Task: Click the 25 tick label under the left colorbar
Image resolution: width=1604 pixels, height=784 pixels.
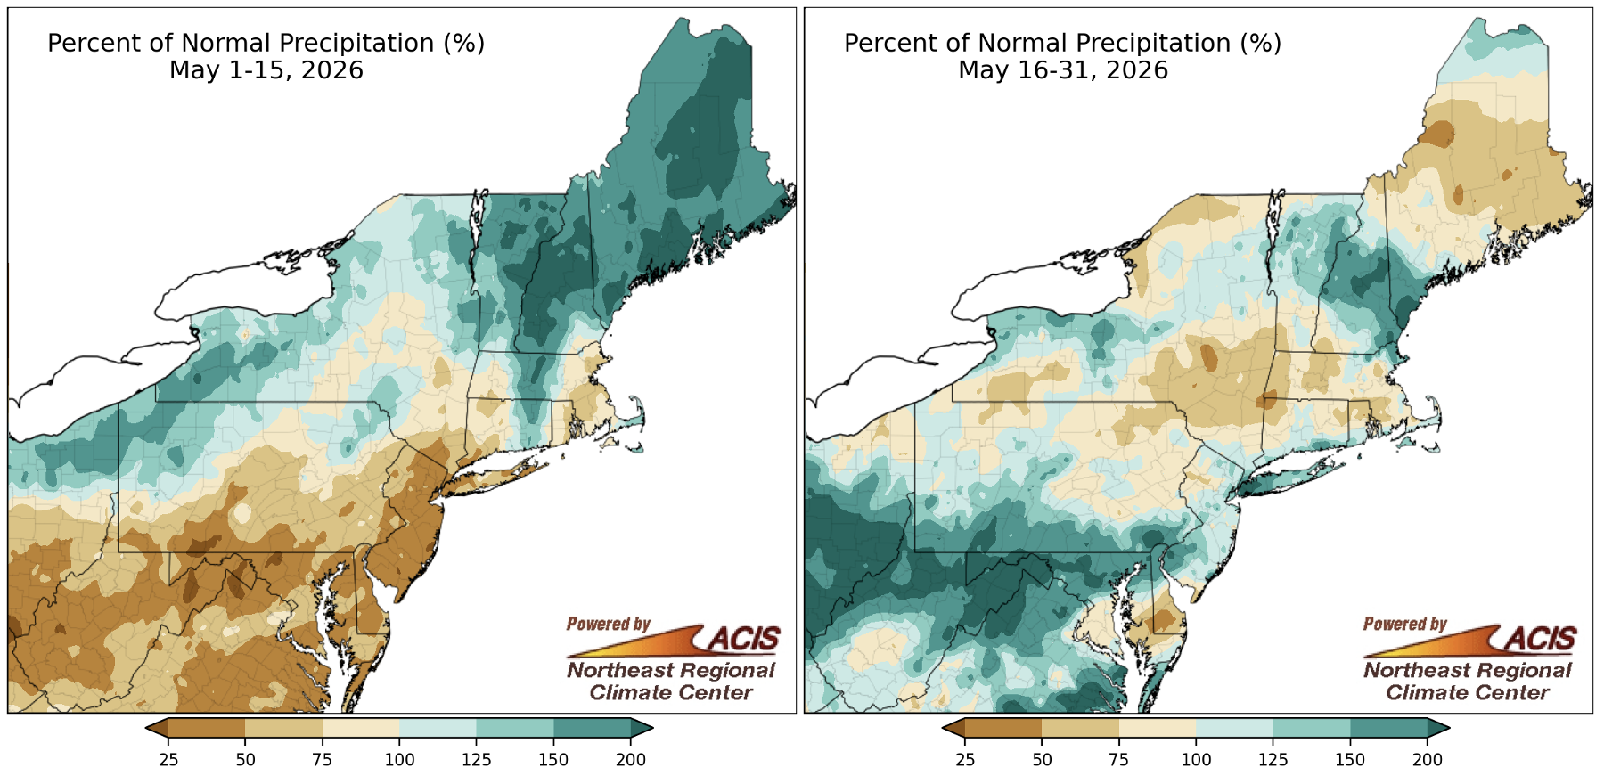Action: click(x=168, y=760)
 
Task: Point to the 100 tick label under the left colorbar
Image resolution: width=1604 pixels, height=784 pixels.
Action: click(x=399, y=760)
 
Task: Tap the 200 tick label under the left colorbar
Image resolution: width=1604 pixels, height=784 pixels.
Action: click(x=631, y=760)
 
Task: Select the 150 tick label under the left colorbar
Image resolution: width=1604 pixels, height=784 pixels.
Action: click(x=553, y=760)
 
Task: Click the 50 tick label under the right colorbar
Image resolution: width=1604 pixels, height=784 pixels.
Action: click(x=1042, y=760)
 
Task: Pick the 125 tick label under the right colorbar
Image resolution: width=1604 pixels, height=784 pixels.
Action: click(x=1273, y=760)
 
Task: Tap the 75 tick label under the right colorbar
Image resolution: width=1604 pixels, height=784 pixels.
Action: click(x=1118, y=760)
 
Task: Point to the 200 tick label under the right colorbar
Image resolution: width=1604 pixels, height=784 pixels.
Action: click(x=1428, y=760)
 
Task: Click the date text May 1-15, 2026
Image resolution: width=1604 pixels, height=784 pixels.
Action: click(x=266, y=70)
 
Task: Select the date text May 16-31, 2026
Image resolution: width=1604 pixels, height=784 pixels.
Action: click(x=1063, y=70)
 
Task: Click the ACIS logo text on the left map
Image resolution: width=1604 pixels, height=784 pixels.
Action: click(x=743, y=639)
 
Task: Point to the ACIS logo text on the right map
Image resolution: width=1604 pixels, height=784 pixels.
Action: click(x=1540, y=639)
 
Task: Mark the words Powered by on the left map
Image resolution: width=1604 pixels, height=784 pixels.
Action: click(x=609, y=625)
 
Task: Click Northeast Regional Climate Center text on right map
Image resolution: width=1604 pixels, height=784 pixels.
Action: click(x=1468, y=682)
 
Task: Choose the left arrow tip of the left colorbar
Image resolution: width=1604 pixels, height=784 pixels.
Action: click(x=146, y=729)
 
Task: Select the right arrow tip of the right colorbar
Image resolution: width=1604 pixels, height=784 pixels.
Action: click(x=1450, y=729)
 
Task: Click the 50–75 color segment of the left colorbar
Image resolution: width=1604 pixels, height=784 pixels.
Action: click(x=283, y=729)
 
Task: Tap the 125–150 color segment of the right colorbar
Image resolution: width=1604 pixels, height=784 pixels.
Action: click(x=1311, y=729)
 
